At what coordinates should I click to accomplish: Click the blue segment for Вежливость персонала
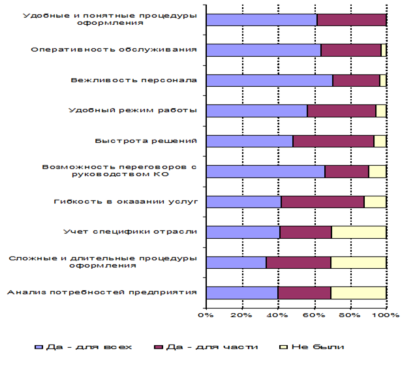[269, 81]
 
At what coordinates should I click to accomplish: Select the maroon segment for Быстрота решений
[333, 142]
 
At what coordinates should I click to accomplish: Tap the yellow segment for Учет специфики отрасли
[358, 232]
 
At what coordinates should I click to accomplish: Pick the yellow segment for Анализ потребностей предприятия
[358, 292]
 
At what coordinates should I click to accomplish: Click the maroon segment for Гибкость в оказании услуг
[322, 202]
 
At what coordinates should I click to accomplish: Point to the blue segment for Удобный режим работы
[256, 111]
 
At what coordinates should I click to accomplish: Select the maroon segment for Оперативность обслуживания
[351, 50]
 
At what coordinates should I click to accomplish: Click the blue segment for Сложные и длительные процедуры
[236, 262]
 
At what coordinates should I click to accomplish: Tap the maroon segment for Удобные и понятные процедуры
[351, 20]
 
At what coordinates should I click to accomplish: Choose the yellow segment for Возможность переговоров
[377, 172]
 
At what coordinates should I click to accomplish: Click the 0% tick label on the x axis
[206, 316]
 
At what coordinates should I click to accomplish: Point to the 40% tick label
[278, 316]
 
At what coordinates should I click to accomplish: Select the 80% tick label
[350, 316]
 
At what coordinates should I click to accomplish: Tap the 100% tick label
[386, 316]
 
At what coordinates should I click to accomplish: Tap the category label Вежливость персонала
[134, 80]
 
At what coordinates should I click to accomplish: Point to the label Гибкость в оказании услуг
[125, 201]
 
